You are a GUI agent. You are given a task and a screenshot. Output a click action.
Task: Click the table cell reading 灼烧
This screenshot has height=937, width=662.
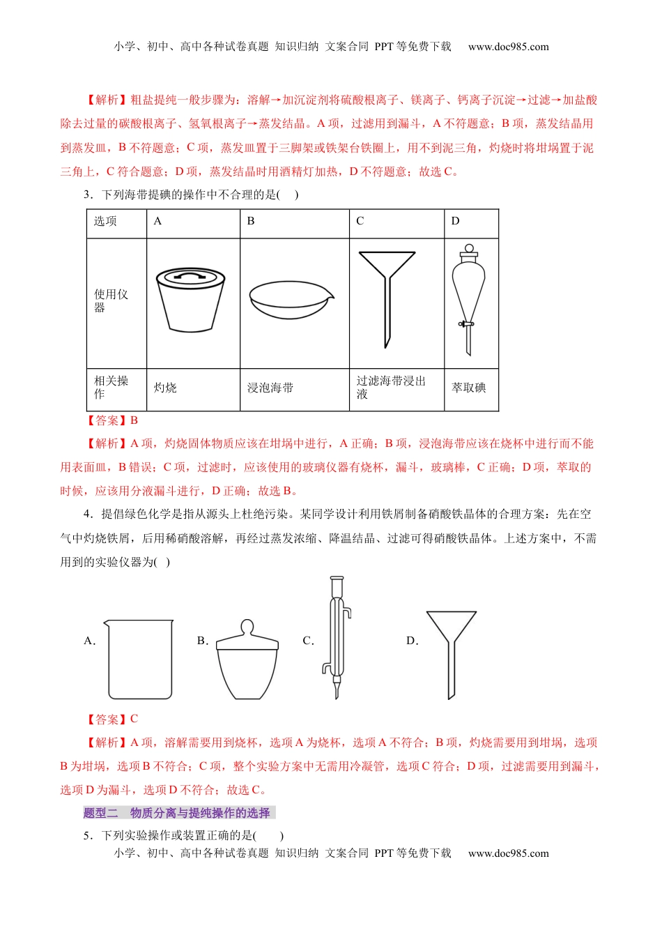click(165, 388)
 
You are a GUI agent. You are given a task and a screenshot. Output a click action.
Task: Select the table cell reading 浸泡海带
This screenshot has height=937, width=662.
click(270, 388)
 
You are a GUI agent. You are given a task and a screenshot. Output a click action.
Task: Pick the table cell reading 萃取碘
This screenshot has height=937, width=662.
click(469, 388)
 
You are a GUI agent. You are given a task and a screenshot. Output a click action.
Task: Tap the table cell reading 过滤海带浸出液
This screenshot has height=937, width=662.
click(390, 388)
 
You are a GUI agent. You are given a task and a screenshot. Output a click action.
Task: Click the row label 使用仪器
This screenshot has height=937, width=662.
click(111, 300)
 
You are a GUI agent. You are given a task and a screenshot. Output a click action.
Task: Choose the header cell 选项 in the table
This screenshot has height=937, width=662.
click(106, 221)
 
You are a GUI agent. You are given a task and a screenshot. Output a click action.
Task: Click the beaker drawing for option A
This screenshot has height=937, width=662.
click(139, 659)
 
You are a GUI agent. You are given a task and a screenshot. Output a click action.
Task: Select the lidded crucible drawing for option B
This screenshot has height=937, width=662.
click(247, 659)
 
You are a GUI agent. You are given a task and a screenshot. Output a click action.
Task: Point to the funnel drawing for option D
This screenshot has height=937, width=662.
click(452, 653)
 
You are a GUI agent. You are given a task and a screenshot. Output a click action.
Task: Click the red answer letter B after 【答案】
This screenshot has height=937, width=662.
click(134, 420)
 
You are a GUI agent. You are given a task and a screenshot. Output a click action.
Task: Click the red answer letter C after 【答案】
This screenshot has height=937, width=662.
click(134, 719)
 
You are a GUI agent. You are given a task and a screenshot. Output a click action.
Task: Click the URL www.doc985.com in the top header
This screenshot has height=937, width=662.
click(508, 47)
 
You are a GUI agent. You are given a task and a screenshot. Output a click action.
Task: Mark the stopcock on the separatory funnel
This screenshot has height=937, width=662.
click(465, 323)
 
